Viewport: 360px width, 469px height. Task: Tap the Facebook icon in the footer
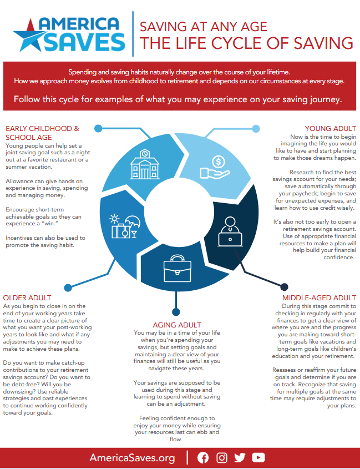203,457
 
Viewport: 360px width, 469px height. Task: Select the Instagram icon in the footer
222,457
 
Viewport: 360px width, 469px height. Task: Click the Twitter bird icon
240,457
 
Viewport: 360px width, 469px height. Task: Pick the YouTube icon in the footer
258,457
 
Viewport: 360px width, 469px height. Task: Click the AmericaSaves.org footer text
132,458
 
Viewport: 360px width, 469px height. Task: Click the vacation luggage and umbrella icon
124,226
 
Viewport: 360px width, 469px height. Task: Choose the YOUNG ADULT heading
331,129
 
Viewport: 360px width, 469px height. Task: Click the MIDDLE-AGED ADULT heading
318,297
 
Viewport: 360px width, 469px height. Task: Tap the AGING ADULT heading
176,324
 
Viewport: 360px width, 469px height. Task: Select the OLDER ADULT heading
27,298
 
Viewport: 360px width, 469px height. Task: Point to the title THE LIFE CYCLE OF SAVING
246,43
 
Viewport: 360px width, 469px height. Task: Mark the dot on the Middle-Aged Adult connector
284,286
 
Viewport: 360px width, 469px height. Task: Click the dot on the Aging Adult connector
176,312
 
